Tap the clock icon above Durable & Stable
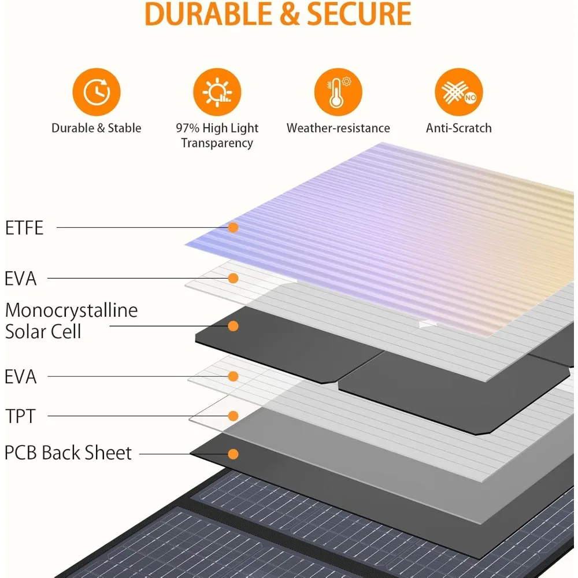(96, 92)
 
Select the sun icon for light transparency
(217, 92)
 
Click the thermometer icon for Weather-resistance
(338, 92)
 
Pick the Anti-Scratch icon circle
(459, 92)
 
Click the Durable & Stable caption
(97, 128)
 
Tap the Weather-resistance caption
(338, 128)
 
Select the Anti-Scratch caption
(459, 128)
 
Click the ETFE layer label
(24, 228)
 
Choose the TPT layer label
(20, 416)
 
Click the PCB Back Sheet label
(68, 453)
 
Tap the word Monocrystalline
(72, 310)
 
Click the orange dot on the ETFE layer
(233, 228)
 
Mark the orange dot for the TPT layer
(234, 416)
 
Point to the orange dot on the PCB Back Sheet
(233, 454)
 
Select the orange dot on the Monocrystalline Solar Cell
(233, 327)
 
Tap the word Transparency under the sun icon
(217, 143)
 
